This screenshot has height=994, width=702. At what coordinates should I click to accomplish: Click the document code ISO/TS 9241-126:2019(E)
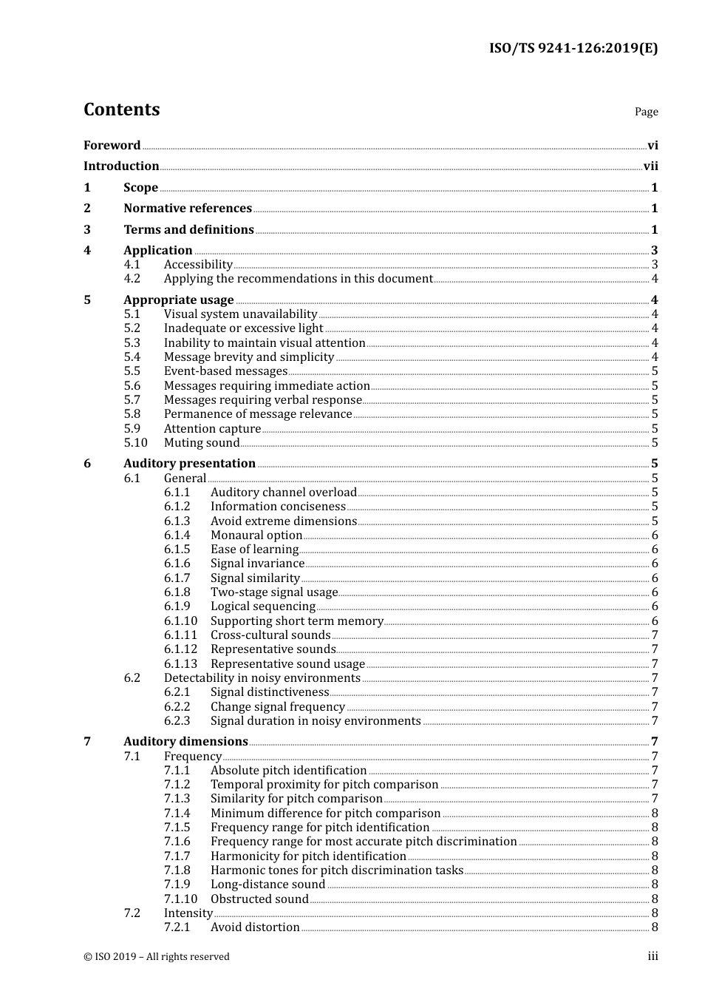pyautogui.click(x=573, y=49)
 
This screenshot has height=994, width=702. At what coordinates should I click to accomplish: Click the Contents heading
pyautogui.click(x=121, y=109)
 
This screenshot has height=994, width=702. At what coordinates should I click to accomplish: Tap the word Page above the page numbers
pyautogui.click(x=646, y=112)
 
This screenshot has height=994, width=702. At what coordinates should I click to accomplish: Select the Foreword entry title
pyautogui.click(x=112, y=145)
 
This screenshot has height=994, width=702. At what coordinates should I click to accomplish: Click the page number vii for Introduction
pyautogui.click(x=650, y=166)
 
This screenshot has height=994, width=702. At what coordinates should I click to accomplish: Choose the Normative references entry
pyautogui.click(x=188, y=209)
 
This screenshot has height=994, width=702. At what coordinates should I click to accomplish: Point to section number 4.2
pyautogui.click(x=132, y=279)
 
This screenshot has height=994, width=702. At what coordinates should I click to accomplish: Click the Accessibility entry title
pyautogui.click(x=198, y=265)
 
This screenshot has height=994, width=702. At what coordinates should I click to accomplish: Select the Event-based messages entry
pyautogui.click(x=225, y=371)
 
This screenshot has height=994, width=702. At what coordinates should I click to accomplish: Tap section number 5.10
pyautogui.click(x=135, y=443)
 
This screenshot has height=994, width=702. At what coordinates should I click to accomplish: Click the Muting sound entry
pyautogui.click(x=202, y=443)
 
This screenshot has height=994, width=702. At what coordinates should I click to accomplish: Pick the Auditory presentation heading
pyautogui.click(x=189, y=464)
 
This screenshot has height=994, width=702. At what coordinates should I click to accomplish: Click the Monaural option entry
pyautogui.click(x=256, y=535)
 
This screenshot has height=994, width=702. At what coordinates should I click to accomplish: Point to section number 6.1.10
pyautogui.click(x=180, y=621)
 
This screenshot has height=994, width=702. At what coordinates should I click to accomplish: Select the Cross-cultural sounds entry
pyautogui.click(x=270, y=635)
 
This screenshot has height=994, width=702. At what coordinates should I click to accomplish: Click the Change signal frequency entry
pyautogui.click(x=277, y=707)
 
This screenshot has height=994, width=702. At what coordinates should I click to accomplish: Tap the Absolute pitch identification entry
pyautogui.click(x=288, y=771)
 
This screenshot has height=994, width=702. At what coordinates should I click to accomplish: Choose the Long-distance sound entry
pyautogui.click(x=267, y=885)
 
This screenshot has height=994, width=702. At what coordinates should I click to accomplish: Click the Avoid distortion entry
pyautogui.click(x=255, y=927)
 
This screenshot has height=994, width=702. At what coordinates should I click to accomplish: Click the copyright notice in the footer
pyautogui.click(x=157, y=957)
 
